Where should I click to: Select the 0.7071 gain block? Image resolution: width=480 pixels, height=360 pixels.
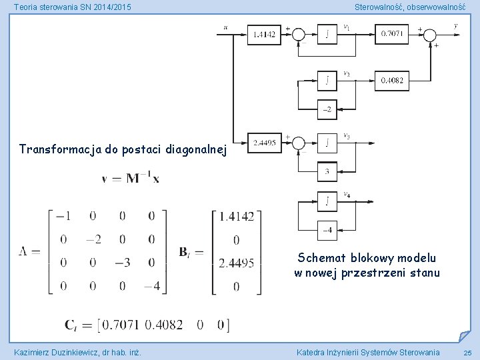pos(393,34)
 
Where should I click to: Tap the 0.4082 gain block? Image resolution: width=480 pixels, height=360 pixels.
pos(393,81)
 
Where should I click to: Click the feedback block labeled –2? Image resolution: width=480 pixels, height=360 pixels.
pos(327,109)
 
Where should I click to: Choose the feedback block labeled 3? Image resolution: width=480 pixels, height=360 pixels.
pos(327,172)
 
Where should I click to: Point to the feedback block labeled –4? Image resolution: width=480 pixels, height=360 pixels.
pos(327,230)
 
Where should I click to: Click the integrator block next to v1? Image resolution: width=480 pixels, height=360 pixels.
pos(327,35)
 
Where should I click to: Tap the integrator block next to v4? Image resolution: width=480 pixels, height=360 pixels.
pos(327,201)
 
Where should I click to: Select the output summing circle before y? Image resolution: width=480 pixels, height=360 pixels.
pos(431,35)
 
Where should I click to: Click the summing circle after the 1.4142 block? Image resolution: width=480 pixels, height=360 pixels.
pos(298,35)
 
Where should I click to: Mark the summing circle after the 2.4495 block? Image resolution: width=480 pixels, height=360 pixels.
pos(298,143)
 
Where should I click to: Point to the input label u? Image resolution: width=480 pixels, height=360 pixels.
pos(226,27)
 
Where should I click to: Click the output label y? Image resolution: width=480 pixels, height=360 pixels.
pos(455,26)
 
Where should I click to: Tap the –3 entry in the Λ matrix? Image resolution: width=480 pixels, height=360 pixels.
pos(122,263)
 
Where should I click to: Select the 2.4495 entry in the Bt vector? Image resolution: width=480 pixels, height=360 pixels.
pos(237,263)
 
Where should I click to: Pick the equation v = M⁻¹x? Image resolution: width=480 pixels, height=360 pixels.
pos(131,178)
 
